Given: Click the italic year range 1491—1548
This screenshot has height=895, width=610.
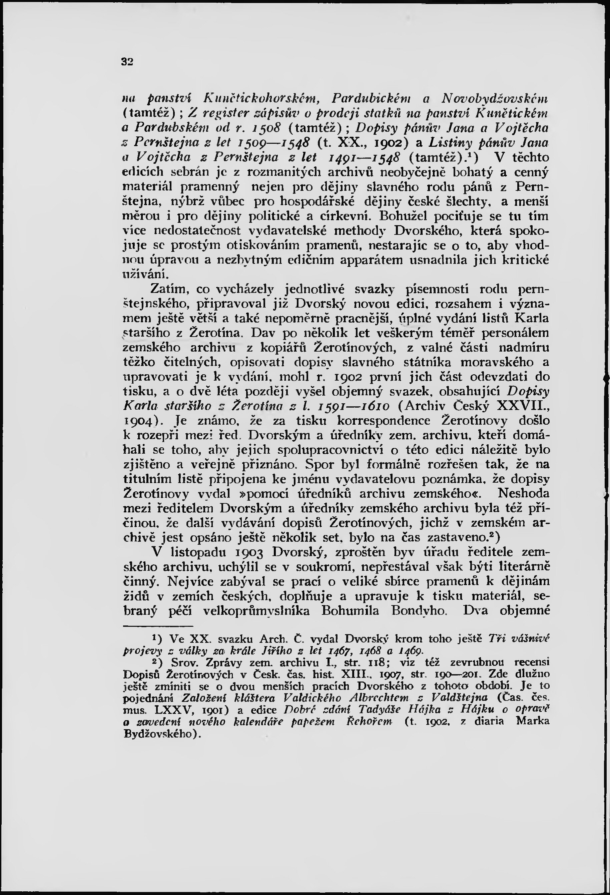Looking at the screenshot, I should pyautogui.click(x=363, y=158).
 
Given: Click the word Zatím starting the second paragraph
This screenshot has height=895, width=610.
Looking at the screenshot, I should pyautogui.click(x=170, y=289).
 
